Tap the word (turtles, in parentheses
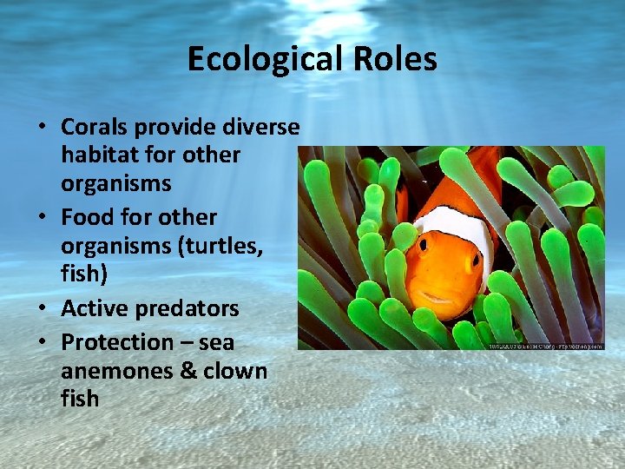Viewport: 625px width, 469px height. click(221, 246)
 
